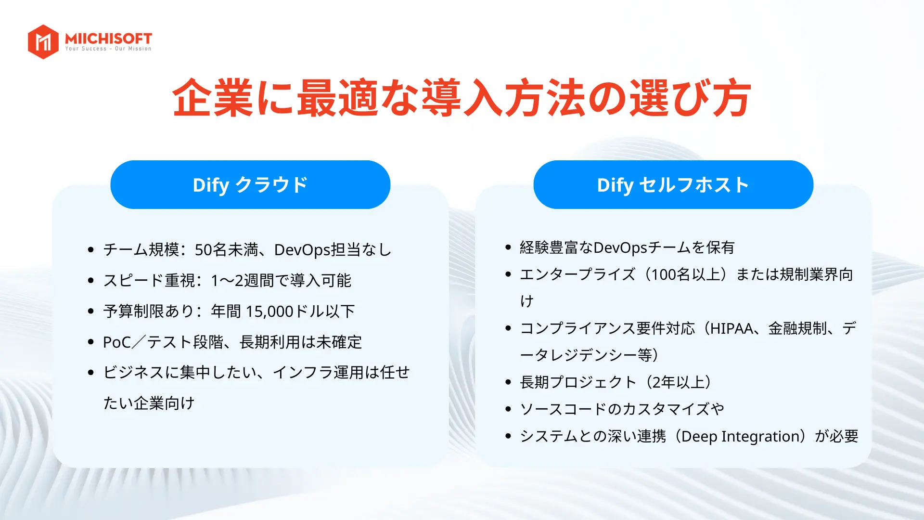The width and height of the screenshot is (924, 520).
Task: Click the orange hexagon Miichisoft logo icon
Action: [x=43, y=42]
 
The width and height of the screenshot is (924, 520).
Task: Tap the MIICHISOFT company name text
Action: [x=108, y=38]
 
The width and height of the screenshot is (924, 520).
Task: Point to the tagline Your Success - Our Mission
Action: [x=108, y=49]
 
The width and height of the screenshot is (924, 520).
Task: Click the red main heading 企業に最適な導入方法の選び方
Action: [x=462, y=98]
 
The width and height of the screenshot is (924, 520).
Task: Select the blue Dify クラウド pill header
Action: [x=250, y=185]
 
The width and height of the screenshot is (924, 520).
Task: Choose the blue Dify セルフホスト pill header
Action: [x=673, y=185]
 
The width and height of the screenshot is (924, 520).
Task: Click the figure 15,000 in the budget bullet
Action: [x=269, y=311]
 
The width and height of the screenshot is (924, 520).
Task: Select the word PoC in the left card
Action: [x=117, y=342]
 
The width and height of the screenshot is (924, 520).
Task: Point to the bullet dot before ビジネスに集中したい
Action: [x=90, y=373]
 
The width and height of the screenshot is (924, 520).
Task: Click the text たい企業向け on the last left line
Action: [x=149, y=403]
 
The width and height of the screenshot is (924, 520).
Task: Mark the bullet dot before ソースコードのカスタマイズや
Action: [x=508, y=409]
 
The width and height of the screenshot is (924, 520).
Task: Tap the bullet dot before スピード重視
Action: [x=90, y=280]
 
